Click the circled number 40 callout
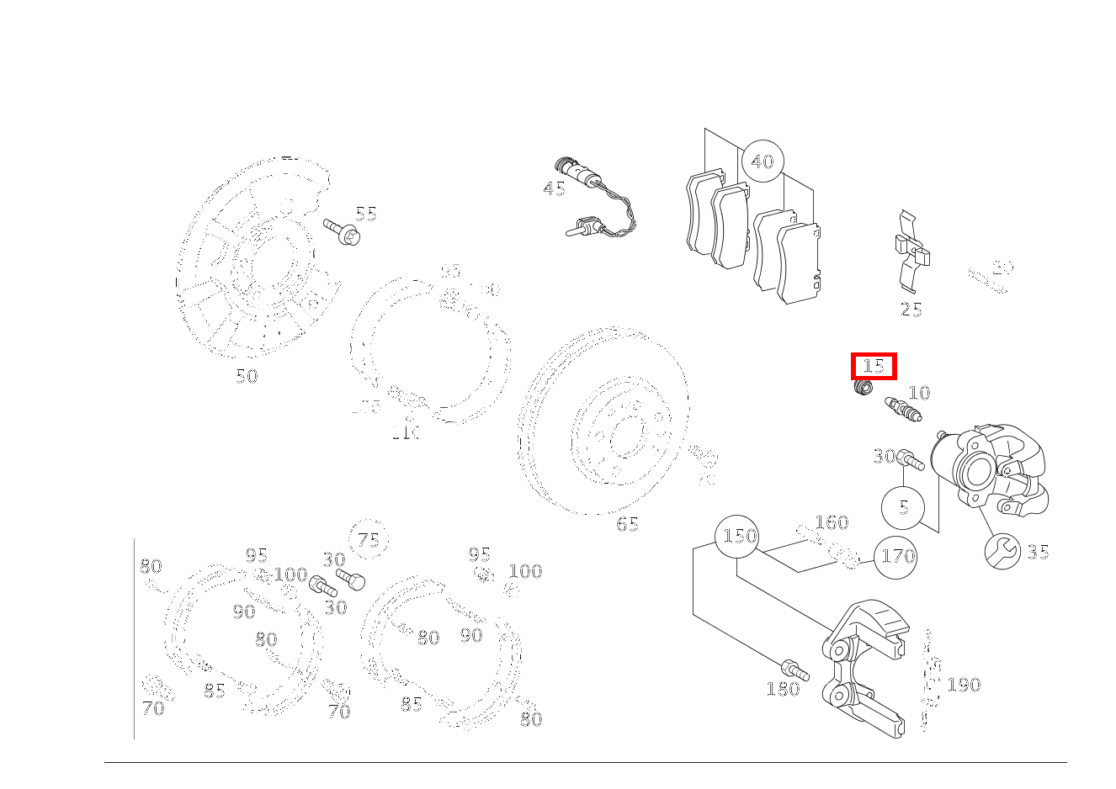pos(762,161)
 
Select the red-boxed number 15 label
pos(874,367)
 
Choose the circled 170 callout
pos(895,556)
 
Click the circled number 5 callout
pos(903,507)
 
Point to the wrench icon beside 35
pos(1002,552)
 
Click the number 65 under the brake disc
pos(627,524)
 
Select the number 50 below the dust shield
pos(246,376)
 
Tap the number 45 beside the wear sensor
pos(554,188)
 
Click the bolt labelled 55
pos(342,231)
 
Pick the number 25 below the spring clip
pos(911,310)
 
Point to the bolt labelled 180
pos(794,670)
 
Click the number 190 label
pos(964,685)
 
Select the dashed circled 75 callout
pos(369,540)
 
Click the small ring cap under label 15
pos(862,389)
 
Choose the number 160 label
pos(832,522)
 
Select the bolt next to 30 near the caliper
pos(911,460)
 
